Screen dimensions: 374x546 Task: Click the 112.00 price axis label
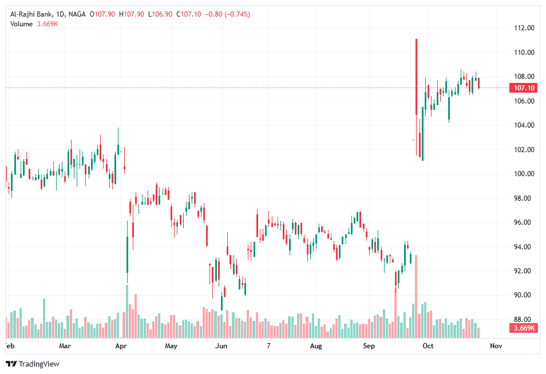point(525,28)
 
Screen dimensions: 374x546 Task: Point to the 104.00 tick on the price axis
point(525,125)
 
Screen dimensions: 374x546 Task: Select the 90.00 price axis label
point(525,295)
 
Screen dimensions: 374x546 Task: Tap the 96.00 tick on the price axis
point(525,222)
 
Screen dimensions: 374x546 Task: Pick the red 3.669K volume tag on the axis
point(524,328)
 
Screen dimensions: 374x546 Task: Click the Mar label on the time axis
point(65,346)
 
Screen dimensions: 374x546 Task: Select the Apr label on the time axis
point(120,346)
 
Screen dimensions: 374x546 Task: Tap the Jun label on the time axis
point(221,346)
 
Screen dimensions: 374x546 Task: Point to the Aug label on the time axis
point(315,346)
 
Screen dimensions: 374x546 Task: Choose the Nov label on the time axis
point(496,346)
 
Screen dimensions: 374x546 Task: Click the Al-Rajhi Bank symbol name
point(30,14)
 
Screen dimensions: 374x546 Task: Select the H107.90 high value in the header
point(132,14)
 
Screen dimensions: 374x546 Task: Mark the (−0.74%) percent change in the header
point(230,14)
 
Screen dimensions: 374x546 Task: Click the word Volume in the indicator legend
point(21,23)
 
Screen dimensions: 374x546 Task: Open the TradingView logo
point(33,364)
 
